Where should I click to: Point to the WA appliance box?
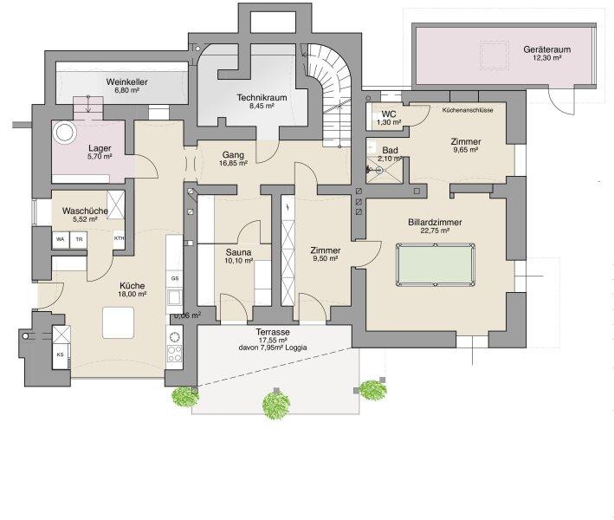[x=61, y=239]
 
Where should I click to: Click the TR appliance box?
[x=79, y=239]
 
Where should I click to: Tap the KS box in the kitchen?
[x=61, y=355]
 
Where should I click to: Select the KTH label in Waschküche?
[x=119, y=239]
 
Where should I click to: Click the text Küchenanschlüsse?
[x=468, y=111]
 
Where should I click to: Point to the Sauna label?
[x=238, y=251]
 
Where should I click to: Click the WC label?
[x=389, y=114]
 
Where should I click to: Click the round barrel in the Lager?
[x=66, y=133]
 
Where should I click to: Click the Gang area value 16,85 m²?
[x=232, y=162]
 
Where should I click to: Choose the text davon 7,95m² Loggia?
[x=273, y=349]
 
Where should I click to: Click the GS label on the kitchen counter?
[x=174, y=278]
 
